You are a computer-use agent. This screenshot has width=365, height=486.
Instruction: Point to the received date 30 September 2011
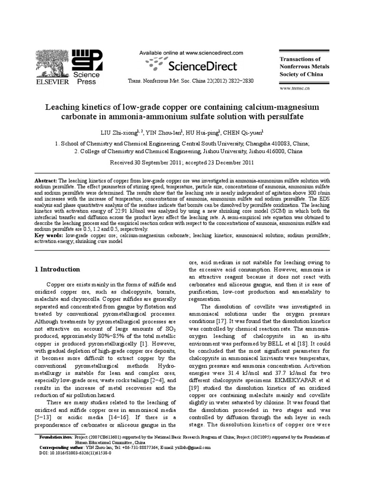click(x=153, y=162)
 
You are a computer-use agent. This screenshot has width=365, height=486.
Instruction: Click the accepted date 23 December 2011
click(x=226, y=162)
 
